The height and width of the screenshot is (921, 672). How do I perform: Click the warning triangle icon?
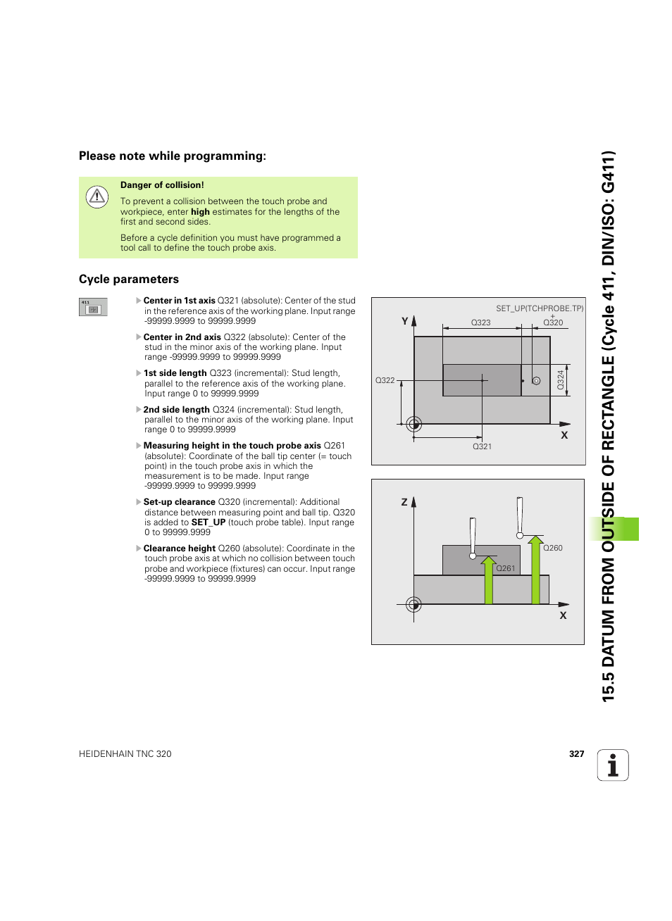97,196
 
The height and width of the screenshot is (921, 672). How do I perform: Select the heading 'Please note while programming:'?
172,156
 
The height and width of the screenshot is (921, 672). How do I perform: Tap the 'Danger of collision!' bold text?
162,185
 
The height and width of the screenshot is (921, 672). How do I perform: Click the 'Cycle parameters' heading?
129,280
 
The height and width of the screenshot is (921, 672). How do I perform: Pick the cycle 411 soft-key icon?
93,308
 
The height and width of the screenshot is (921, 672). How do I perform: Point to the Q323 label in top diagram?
480,322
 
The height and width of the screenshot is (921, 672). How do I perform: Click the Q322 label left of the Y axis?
385,380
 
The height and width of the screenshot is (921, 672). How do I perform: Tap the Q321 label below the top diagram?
482,446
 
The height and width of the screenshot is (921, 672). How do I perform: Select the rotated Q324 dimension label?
561,380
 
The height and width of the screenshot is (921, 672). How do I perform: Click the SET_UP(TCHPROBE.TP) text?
540,308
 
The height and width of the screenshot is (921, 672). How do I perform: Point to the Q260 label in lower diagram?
553,548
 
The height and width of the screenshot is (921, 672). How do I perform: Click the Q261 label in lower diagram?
506,568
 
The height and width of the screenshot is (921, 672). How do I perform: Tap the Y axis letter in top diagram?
405,321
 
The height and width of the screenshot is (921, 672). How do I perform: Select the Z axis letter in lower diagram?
404,502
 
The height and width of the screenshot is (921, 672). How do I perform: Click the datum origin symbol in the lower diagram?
413,604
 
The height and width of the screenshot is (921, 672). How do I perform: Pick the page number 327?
576,754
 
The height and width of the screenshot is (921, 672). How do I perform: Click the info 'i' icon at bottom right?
613,765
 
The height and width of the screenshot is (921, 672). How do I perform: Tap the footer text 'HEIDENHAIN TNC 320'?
125,754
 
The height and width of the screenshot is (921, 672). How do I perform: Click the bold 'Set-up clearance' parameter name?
179,502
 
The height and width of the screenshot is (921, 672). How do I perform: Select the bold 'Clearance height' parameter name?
179,549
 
